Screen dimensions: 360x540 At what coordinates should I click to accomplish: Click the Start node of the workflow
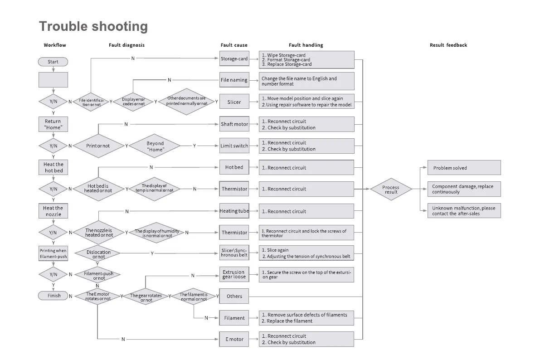coord(53,62)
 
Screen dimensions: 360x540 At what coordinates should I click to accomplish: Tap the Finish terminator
coord(54,296)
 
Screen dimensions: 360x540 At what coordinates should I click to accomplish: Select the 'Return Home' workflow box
coord(53,124)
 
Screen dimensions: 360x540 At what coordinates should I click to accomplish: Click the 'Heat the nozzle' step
coord(53,211)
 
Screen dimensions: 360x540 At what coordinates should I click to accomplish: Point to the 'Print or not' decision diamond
coord(98,146)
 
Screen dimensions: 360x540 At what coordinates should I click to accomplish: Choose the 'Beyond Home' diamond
coord(155,146)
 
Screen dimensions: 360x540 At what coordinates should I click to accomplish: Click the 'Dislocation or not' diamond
coord(98,255)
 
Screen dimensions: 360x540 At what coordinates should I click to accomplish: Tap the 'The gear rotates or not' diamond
coord(146,297)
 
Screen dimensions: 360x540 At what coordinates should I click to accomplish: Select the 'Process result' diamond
coord(391,190)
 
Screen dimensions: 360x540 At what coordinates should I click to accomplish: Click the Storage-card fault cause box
coord(234,59)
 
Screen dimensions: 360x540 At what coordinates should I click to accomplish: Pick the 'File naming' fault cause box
coord(234,80)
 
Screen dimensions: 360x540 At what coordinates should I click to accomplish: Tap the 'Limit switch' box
coord(234,146)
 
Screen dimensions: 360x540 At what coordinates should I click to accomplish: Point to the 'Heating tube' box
coord(234,211)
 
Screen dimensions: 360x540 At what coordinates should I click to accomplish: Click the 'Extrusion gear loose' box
coord(234,275)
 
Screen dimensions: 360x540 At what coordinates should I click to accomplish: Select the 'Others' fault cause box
coord(234,296)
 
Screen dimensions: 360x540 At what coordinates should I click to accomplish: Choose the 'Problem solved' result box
coord(464,168)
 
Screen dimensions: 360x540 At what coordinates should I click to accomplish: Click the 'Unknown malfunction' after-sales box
coord(464,211)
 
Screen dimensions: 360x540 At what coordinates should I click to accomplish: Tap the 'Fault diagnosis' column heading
coord(126,45)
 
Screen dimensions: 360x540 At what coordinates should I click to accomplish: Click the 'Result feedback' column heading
coord(448,45)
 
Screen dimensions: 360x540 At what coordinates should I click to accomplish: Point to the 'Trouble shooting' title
coord(93,26)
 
